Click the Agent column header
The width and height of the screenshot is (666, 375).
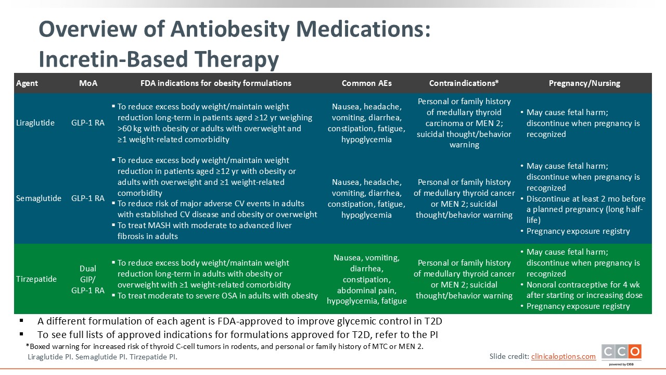(x=27, y=83)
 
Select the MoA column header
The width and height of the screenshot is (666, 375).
(x=88, y=83)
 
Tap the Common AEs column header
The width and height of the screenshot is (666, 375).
(x=366, y=83)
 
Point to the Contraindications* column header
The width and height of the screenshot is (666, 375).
(x=464, y=83)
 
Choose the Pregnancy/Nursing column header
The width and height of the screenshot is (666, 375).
(x=584, y=83)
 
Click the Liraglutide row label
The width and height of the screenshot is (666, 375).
(x=35, y=123)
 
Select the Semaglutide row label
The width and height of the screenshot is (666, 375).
(x=39, y=198)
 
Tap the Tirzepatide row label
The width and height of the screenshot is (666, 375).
(x=36, y=279)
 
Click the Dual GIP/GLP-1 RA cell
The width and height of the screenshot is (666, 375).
(x=88, y=279)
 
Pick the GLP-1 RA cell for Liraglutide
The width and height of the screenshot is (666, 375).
(x=88, y=123)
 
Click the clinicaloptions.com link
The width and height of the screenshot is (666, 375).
(x=563, y=356)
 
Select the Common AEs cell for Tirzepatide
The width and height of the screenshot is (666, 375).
(x=366, y=279)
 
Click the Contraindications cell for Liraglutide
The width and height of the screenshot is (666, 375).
(x=464, y=123)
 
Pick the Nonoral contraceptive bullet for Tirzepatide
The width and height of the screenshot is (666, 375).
(x=584, y=290)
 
